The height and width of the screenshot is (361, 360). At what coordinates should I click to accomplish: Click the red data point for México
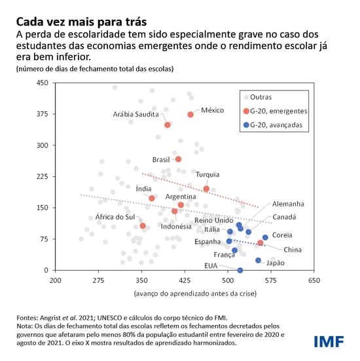(x=191, y=115)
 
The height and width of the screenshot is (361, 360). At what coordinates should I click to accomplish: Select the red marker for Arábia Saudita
(x=168, y=124)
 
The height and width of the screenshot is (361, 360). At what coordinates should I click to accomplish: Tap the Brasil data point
(x=178, y=159)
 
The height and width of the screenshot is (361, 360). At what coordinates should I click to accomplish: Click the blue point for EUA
(x=240, y=270)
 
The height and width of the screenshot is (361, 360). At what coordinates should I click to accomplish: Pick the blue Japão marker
(x=258, y=260)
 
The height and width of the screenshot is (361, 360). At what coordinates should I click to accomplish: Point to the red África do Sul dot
(x=143, y=226)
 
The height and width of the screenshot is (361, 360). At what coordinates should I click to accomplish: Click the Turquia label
(x=207, y=174)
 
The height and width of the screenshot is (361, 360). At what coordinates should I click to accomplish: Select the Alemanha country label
(x=288, y=204)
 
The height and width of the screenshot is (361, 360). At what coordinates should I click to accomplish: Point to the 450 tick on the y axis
(x=42, y=83)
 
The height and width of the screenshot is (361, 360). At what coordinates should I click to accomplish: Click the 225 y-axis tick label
(x=42, y=176)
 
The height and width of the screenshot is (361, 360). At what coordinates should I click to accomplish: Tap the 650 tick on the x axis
(x=314, y=280)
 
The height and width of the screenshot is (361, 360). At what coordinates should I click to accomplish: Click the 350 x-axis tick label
(x=142, y=280)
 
